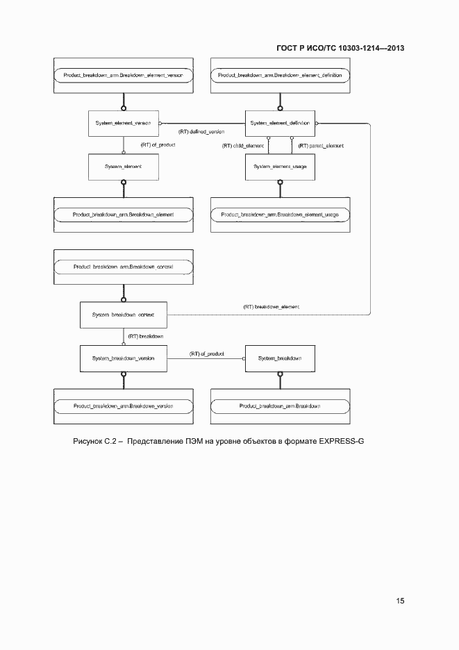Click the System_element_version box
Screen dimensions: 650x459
point(123,123)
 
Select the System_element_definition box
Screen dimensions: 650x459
point(280,123)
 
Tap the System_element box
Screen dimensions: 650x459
point(123,167)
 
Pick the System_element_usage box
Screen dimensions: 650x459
point(280,167)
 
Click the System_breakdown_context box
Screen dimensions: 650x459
point(123,315)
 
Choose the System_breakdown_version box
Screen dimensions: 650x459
point(123,358)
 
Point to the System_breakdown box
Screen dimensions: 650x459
point(280,358)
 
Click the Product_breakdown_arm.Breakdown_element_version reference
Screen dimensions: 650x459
point(123,74)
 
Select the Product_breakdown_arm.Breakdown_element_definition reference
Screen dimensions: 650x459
point(280,74)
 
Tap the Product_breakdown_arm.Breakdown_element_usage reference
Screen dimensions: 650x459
point(280,215)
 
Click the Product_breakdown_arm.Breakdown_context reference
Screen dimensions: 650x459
point(123,267)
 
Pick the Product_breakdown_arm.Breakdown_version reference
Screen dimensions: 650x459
point(123,406)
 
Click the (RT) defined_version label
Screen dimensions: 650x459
point(201,131)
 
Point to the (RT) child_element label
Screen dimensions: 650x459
point(243,146)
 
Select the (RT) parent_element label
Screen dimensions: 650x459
point(321,146)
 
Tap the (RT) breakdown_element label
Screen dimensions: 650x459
point(272,306)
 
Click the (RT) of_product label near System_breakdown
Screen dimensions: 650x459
point(207,353)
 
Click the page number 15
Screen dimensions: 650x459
point(400,601)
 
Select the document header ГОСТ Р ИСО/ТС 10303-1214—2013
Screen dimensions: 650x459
point(340,48)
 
